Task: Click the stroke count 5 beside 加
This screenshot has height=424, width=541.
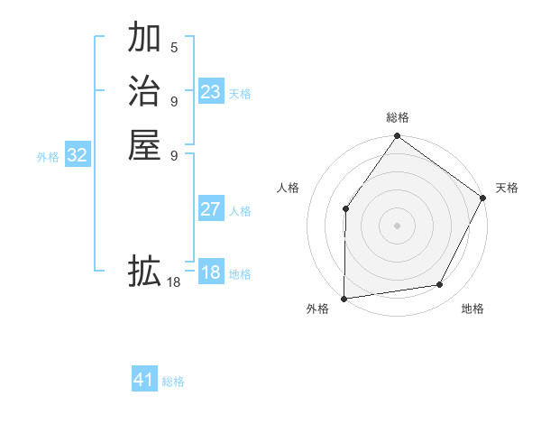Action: (174, 47)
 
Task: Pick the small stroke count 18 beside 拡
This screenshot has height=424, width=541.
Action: (174, 282)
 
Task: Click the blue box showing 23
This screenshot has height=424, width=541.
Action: (210, 92)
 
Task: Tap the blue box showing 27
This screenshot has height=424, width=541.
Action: (210, 209)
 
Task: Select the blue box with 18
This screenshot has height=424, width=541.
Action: (210, 272)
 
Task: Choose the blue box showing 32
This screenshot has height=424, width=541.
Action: (77, 155)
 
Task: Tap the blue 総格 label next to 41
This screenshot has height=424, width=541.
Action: (173, 382)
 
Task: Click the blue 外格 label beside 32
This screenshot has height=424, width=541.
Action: (48, 157)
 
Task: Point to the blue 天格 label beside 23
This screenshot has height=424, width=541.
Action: (240, 93)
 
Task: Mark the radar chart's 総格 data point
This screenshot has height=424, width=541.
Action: (397, 136)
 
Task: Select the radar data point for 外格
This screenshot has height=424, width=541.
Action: (344, 298)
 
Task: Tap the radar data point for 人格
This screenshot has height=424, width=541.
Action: (346, 209)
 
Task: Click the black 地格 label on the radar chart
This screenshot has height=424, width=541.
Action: (472, 309)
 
